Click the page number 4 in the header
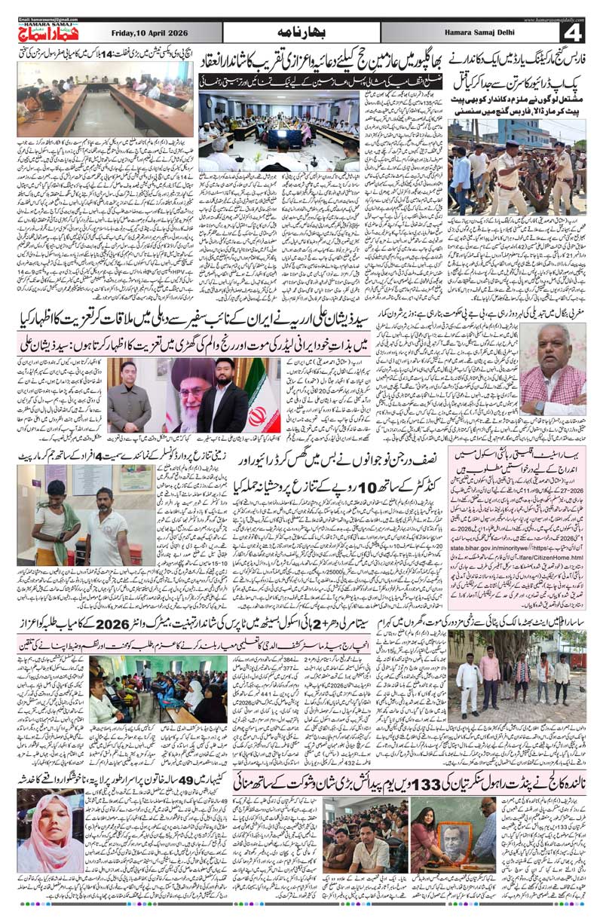click(x=574, y=32)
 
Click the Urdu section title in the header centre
click(x=301, y=32)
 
